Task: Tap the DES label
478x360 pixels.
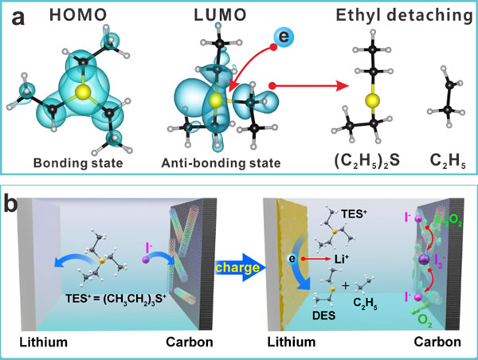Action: (324, 315)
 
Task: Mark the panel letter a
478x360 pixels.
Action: (16, 14)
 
